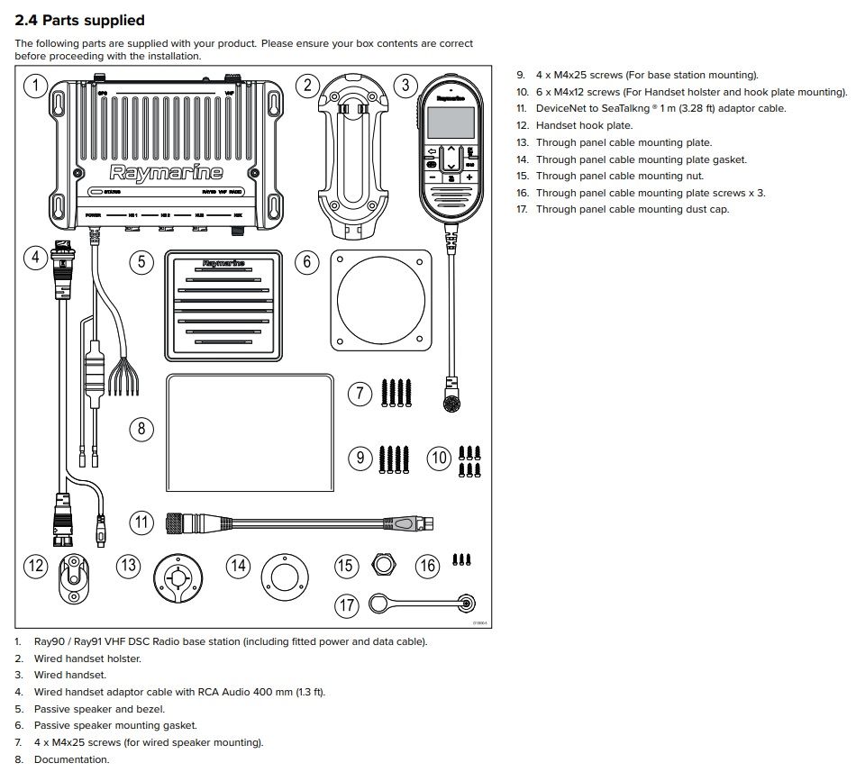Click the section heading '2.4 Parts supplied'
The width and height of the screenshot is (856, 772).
[79, 21]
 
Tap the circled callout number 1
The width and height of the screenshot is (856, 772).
[34, 86]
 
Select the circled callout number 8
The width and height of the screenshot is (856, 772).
[141, 428]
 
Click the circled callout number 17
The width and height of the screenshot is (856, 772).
[347, 604]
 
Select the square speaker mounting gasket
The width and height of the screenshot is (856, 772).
[382, 301]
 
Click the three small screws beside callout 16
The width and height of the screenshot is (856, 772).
[463, 560]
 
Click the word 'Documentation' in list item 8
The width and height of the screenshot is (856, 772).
[71, 759]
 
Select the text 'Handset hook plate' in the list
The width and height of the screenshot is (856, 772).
[584, 125]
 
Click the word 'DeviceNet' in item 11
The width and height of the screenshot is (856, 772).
[561, 108]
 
